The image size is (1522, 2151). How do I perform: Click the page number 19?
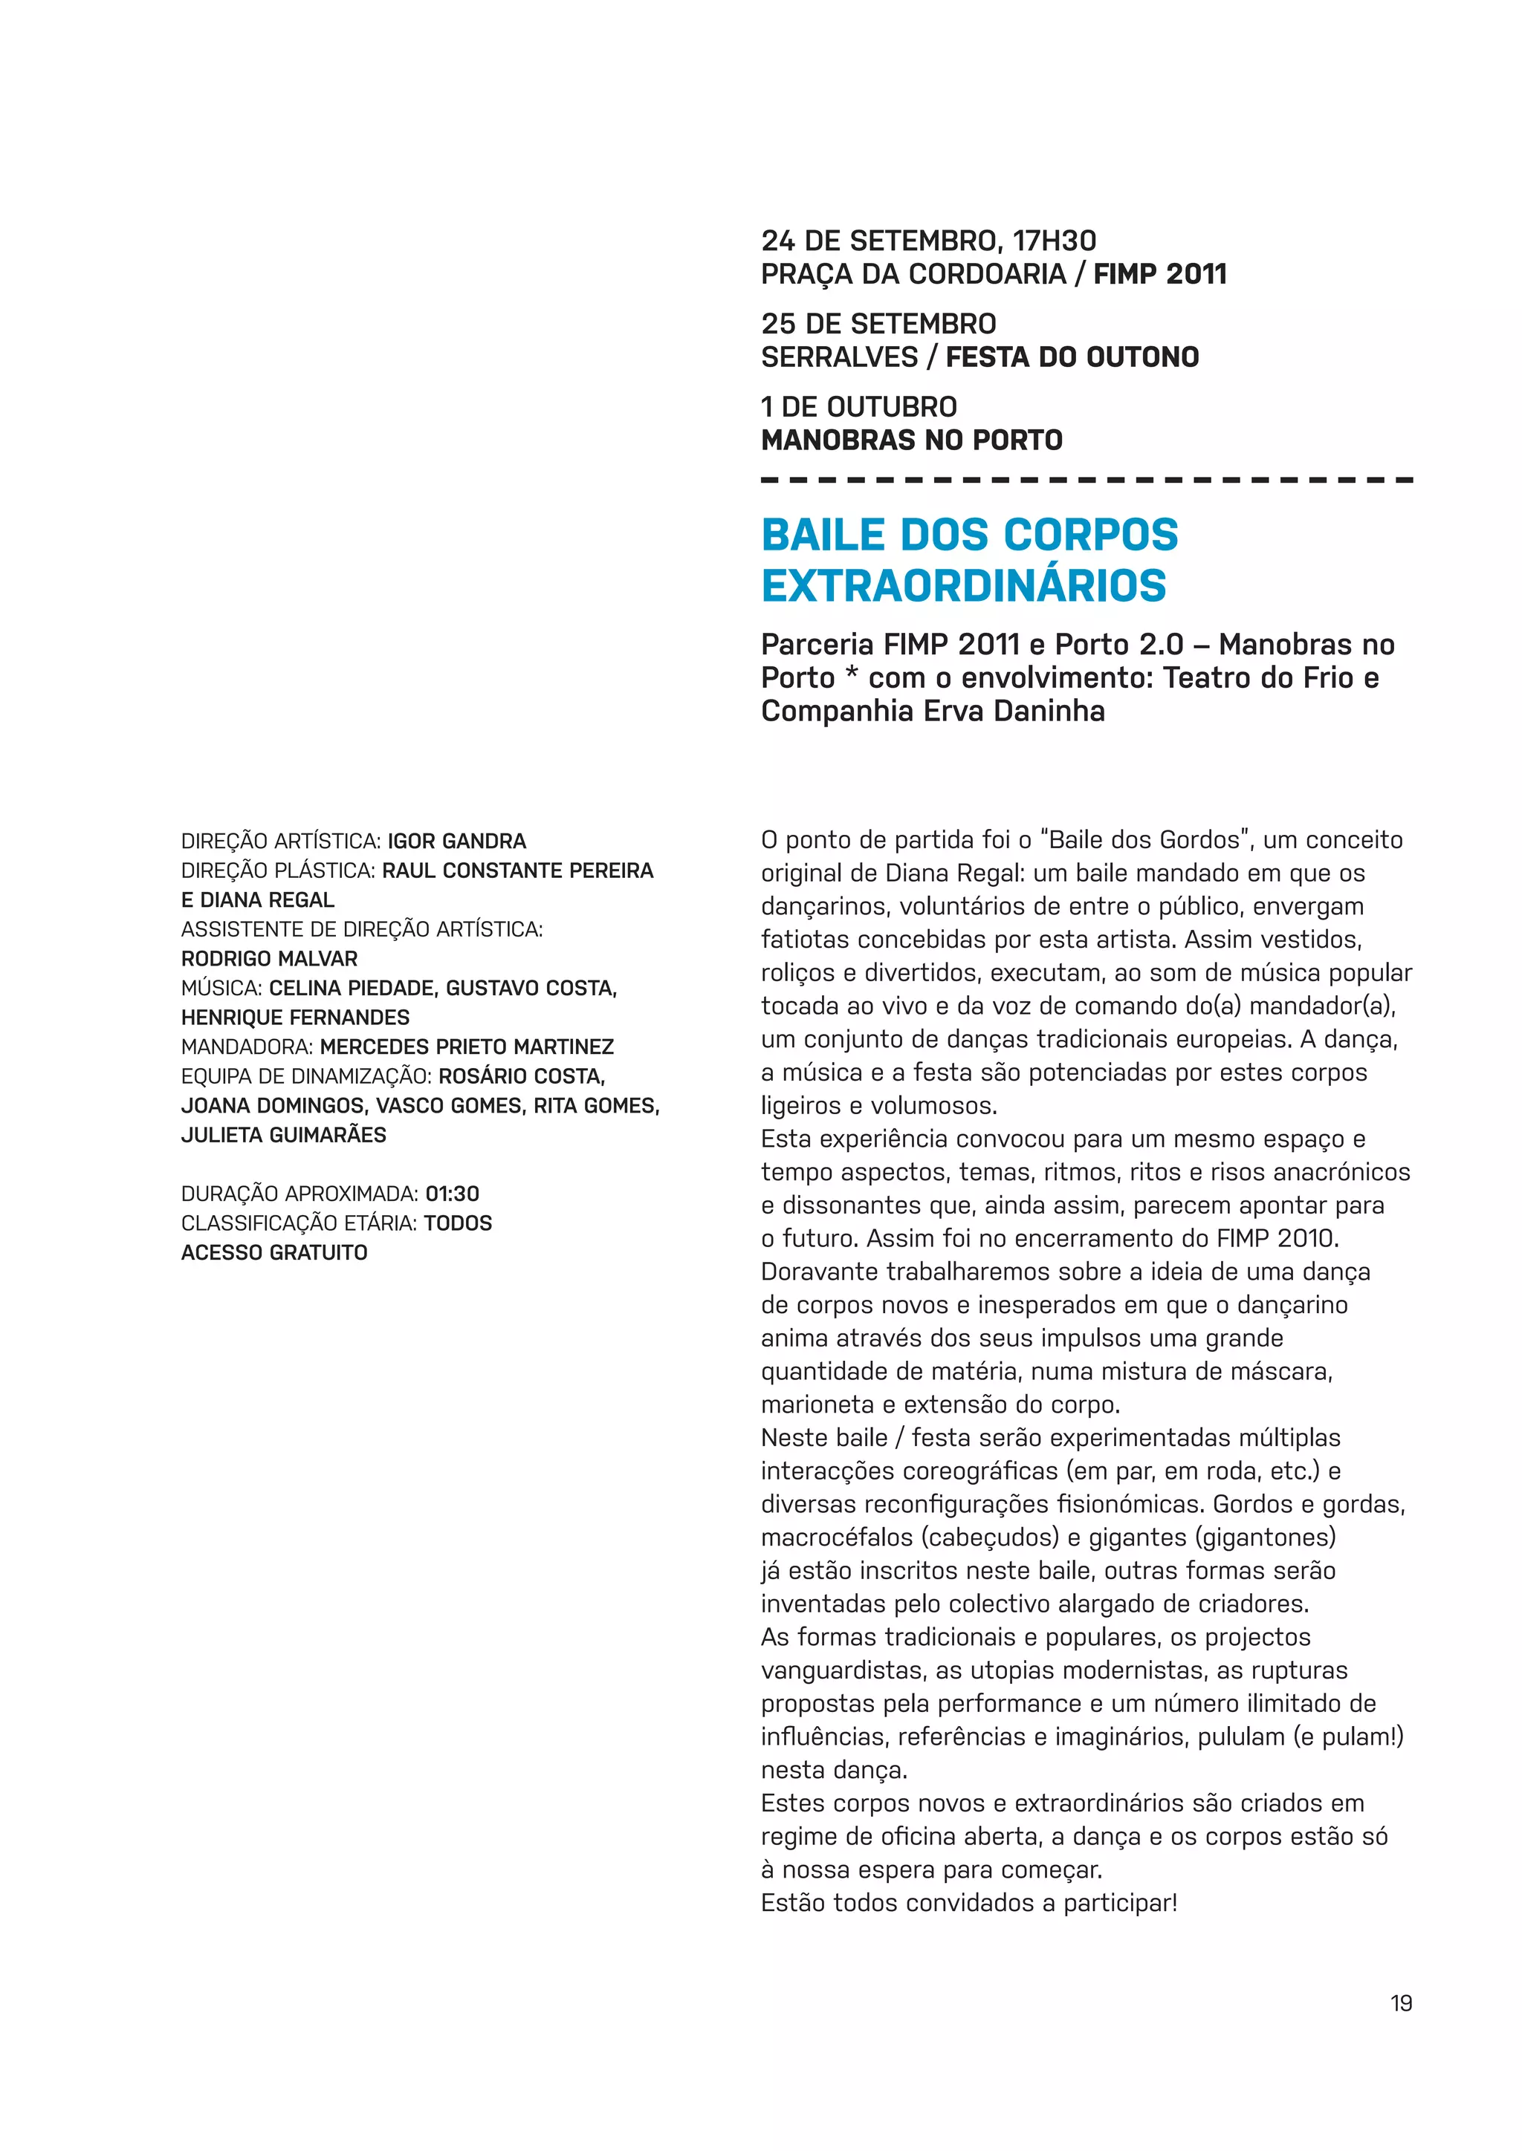coord(1400,2003)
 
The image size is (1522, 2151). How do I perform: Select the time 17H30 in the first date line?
coord(1055,241)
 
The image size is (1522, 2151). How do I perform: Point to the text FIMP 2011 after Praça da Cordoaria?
coord(1159,275)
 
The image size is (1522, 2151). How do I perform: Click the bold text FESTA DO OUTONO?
coord(1072,358)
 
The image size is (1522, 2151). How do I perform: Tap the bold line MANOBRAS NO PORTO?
coord(911,440)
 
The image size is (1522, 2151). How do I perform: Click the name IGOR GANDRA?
coord(456,842)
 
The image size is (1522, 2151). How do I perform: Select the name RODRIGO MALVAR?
coord(269,960)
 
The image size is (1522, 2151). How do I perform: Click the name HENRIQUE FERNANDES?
coord(295,1018)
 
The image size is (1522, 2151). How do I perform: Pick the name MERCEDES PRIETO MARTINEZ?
coord(467,1047)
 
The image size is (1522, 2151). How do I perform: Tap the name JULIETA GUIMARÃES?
coord(283,1136)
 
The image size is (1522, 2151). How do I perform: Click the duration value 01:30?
coord(452,1194)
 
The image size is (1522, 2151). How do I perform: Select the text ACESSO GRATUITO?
coord(273,1254)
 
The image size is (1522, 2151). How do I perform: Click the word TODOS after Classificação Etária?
coord(457,1223)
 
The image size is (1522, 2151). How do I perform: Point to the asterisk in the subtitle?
coord(851,677)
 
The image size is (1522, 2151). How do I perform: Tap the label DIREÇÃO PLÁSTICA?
coord(279,871)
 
